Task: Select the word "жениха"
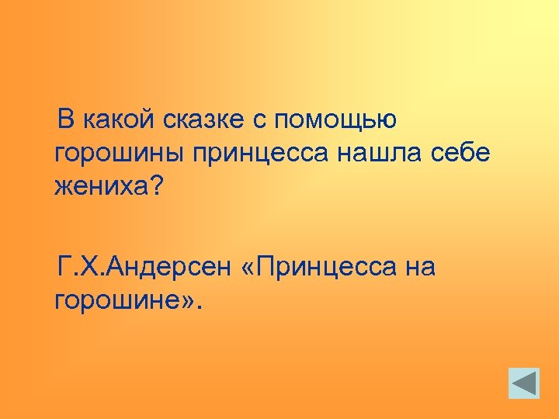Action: pos(99,187)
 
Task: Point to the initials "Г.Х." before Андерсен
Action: pos(80,268)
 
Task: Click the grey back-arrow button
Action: pos(524,383)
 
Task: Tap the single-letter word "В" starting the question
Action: pos(67,121)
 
